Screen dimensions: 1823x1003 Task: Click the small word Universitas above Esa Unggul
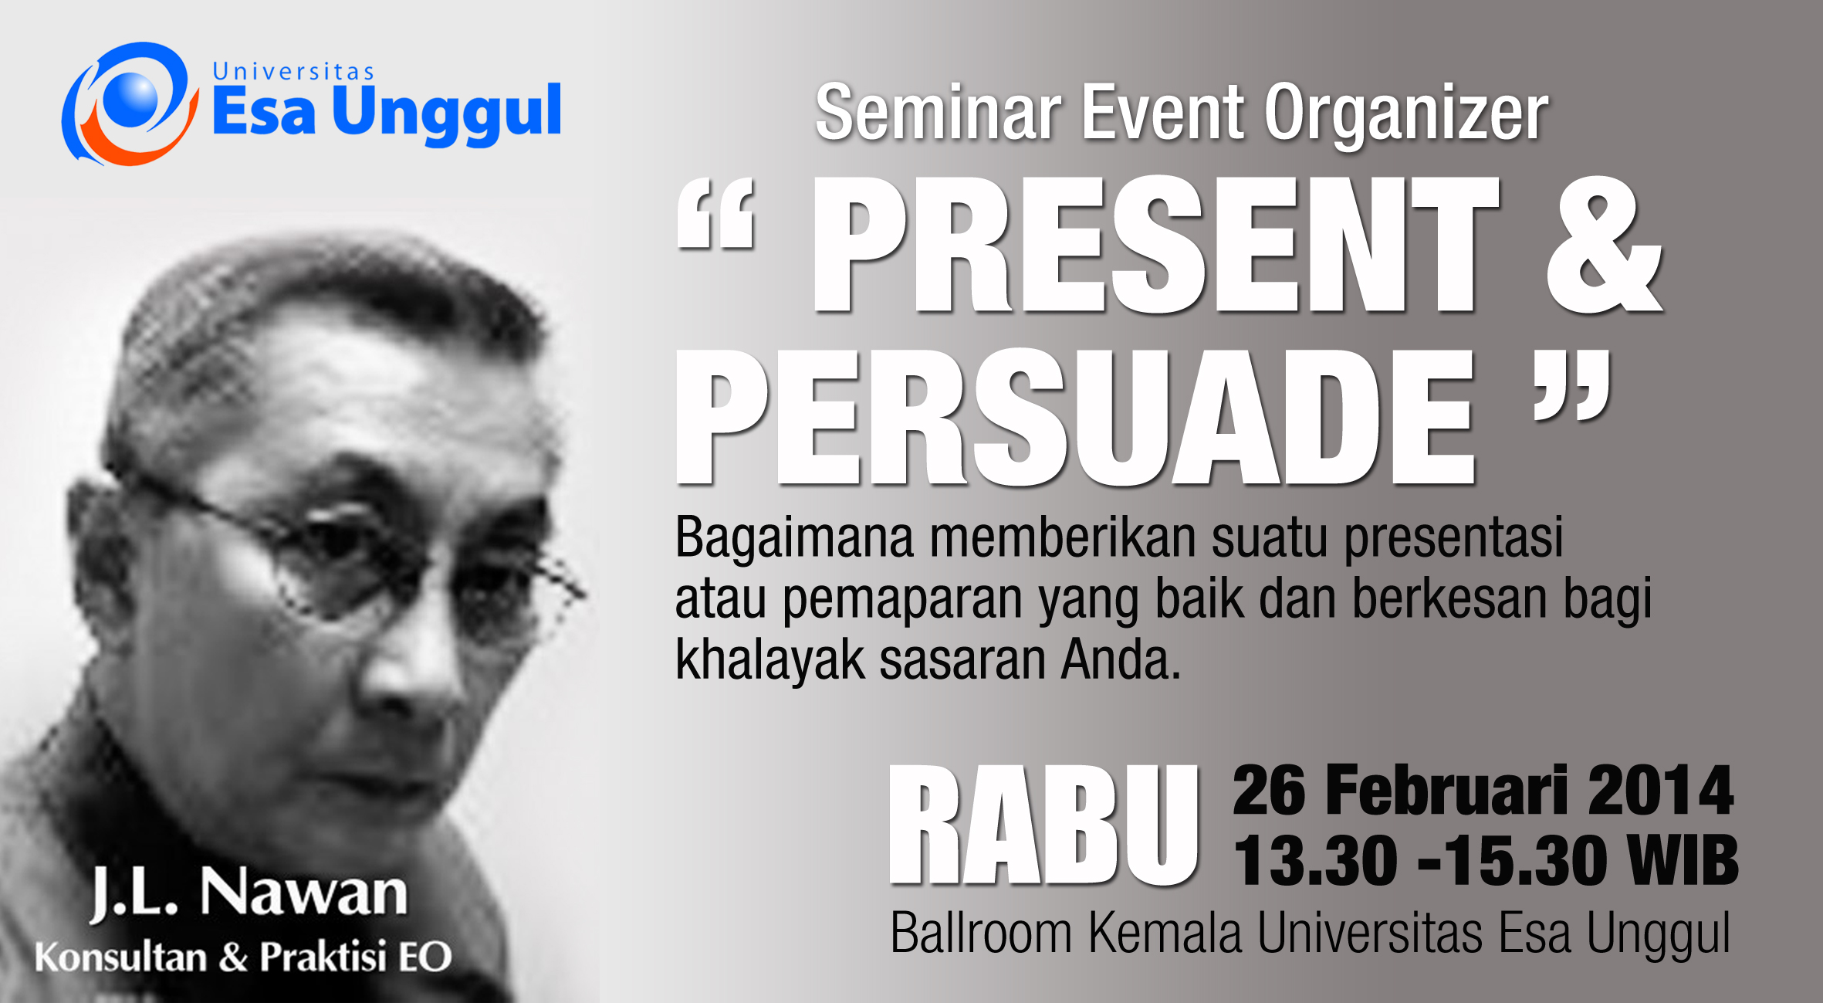(x=293, y=72)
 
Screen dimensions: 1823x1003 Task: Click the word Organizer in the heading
(x=1406, y=115)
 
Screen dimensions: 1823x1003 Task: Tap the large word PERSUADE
(x=1076, y=417)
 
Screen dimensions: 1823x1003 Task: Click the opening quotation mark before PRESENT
(x=715, y=214)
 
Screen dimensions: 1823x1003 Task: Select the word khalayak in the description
(x=769, y=662)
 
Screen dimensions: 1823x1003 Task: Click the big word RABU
(x=1043, y=825)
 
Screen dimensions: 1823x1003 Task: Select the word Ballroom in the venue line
(x=981, y=934)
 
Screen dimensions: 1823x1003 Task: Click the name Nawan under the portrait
(x=303, y=893)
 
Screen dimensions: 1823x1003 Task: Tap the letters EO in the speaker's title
(x=424, y=957)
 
